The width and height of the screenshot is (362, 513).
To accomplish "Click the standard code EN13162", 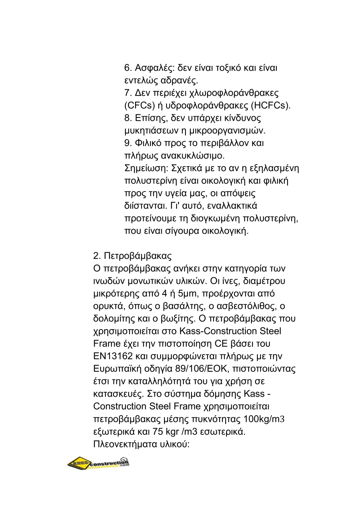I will [x=113, y=356].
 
